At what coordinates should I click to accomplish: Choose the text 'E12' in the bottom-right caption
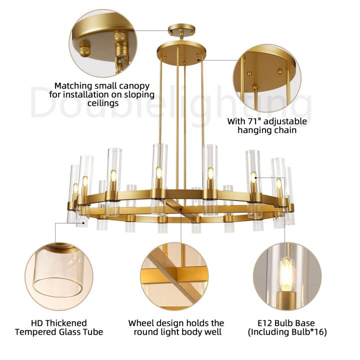264,323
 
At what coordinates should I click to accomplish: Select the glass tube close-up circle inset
59,276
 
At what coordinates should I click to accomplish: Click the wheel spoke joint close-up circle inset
174,276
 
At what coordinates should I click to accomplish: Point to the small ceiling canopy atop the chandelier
181,30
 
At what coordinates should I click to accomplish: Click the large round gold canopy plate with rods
181,53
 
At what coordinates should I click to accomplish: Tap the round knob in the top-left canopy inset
84,48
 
